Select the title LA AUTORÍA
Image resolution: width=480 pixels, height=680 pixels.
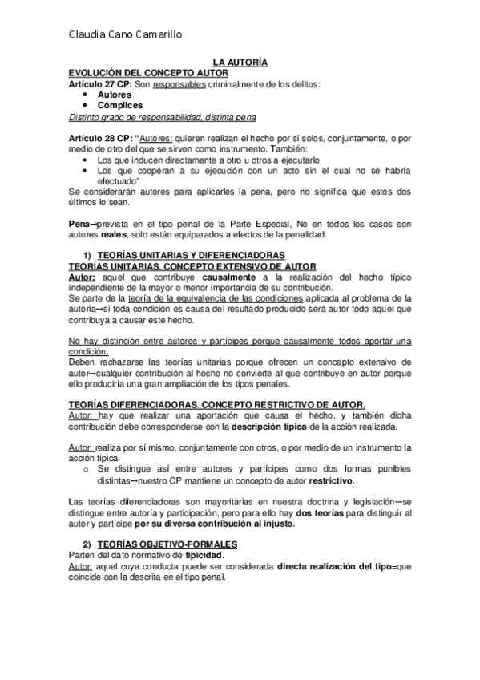239,62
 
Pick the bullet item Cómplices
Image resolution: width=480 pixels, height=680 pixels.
120,105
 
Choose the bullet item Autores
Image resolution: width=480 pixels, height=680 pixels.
115,95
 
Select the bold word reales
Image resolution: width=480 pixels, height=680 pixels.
114,235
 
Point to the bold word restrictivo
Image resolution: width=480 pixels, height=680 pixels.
330,481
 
